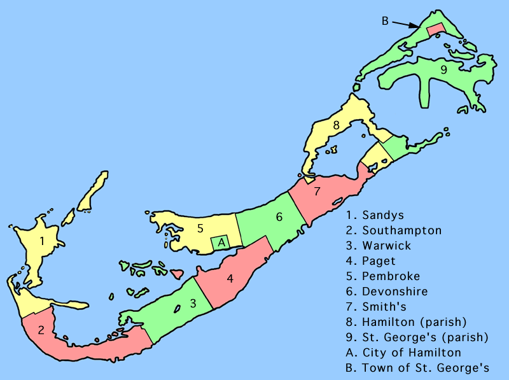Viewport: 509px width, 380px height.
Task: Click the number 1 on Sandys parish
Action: point(41,241)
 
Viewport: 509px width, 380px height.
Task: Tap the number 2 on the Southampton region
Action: point(41,330)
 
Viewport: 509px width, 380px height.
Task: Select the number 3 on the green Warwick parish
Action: point(193,304)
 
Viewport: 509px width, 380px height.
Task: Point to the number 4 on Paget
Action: point(230,279)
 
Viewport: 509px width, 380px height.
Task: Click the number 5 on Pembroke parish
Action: point(200,227)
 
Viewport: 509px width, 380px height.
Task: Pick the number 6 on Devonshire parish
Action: point(279,217)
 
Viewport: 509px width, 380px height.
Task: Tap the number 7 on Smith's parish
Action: point(316,190)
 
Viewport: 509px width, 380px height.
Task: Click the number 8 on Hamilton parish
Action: point(336,125)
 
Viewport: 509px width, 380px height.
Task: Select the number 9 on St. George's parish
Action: point(443,69)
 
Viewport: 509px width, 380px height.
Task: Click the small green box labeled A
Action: point(221,243)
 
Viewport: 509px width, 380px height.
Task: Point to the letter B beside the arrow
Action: point(385,21)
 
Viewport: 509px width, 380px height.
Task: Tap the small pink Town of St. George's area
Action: point(435,29)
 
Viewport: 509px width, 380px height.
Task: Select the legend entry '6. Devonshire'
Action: point(388,292)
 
